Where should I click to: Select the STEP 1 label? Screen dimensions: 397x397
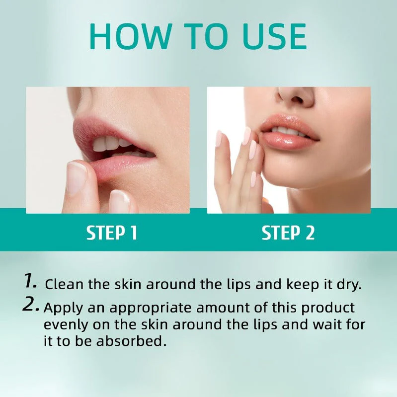click(112, 233)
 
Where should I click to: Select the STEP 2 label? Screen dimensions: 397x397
click(288, 233)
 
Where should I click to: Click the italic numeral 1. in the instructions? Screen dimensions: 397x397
click(31, 282)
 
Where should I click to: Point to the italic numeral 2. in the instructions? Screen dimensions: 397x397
click(31, 305)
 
